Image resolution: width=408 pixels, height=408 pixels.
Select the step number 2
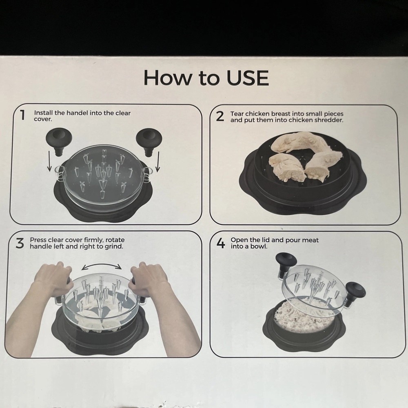pos(220,116)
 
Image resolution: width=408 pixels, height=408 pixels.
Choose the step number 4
pos(220,244)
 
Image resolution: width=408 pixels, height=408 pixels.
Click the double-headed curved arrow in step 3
pos(102,266)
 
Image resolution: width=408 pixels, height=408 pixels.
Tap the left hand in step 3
pos(53,278)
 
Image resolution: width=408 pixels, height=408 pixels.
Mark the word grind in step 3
pos(114,246)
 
